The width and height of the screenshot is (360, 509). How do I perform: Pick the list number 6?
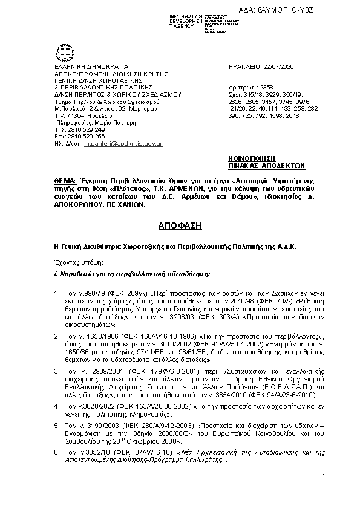pyautogui.click(x=57, y=452)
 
